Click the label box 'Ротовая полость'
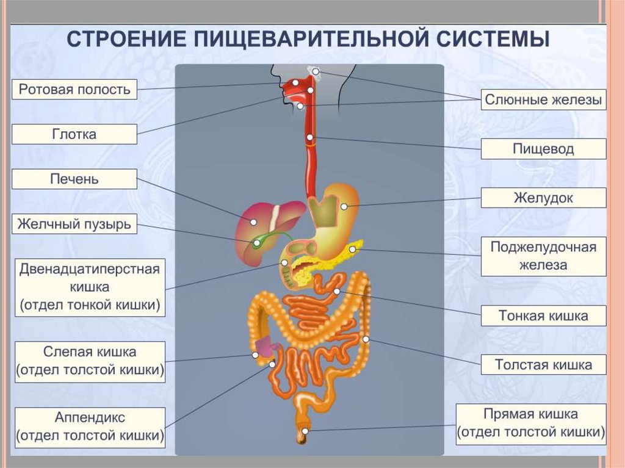(x=74, y=90)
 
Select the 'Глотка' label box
(x=74, y=134)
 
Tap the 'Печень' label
(x=74, y=179)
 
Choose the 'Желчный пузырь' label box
(x=74, y=224)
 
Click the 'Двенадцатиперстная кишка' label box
(x=90, y=287)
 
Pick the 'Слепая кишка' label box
(x=90, y=361)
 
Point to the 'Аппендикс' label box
(x=90, y=427)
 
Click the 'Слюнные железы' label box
(x=543, y=99)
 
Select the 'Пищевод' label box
(x=543, y=149)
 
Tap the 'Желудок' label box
(x=543, y=198)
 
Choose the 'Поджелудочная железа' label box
(x=543, y=256)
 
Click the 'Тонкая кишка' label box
(x=543, y=316)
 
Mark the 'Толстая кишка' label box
(x=543, y=365)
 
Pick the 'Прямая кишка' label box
(x=530, y=423)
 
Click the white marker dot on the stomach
(x=344, y=207)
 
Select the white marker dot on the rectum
(x=306, y=431)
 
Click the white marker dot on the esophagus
(x=311, y=137)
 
